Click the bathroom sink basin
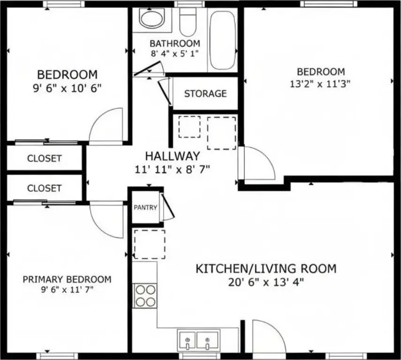[x=152, y=19]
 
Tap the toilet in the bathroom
[x=188, y=22]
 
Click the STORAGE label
[x=205, y=94]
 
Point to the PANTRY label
[x=145, y=207]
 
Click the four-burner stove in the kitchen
[x=145, y=296]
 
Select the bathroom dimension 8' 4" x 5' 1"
[x=174, y=54]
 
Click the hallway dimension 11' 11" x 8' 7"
[x=173, y=169]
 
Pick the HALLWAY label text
[x=173, y=156]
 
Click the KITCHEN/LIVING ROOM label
[x=266, y=269]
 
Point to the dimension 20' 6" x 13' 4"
[x=266, y=283]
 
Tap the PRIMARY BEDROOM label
[x=67, y=279]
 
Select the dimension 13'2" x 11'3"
[x=320, y=84]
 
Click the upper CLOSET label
[x=44, y=158]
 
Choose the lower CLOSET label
[x=44, y=188]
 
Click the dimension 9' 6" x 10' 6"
[x=67, y=88]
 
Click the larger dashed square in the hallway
[x=221, y=133]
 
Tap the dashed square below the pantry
[x=150, y=244]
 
